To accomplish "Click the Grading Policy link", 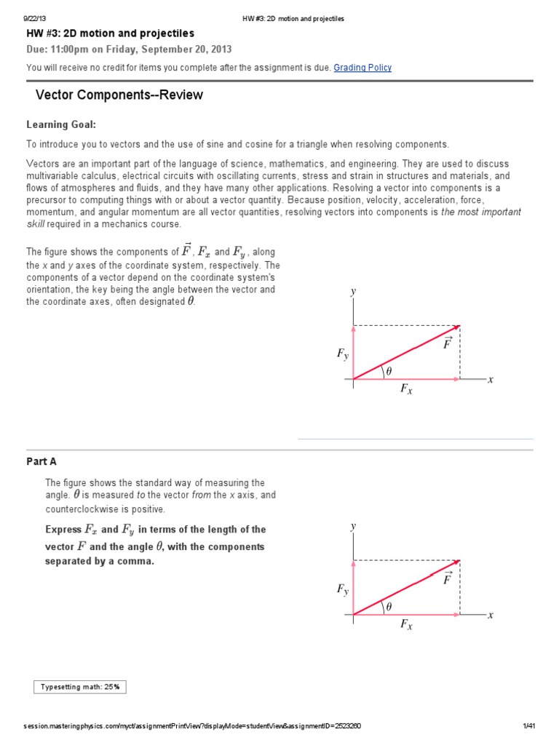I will (x=362, y=68).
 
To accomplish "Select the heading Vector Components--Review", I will (x=119, y=95).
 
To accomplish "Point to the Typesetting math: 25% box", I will (x=81, y=686).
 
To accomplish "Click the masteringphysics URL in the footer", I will (x=192, y=726).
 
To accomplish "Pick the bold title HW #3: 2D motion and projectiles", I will (x=110, y=34).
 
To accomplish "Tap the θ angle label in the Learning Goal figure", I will (x=389, y=371).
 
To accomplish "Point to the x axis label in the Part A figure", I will (x=491, y=615).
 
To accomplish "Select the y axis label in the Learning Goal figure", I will (x=353, y=292).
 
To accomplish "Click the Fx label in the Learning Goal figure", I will (x=406, y=390).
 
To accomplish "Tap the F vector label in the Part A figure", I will (x=448, y=578).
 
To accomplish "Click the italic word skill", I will (x=36, y=224).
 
